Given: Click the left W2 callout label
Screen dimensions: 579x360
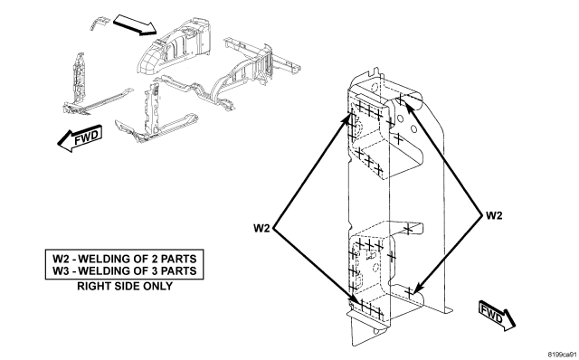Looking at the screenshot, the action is (261, 228).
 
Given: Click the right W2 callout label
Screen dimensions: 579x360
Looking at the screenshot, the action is (494, 215).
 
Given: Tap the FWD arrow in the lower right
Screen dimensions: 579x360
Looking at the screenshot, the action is (497, 315).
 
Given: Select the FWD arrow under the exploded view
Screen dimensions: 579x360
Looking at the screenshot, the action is (80, 138).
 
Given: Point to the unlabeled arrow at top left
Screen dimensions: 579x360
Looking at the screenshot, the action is (136, 25).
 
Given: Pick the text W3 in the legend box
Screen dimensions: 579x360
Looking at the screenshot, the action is (62, 271).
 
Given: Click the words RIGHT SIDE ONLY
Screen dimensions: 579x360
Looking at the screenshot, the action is (125, 286).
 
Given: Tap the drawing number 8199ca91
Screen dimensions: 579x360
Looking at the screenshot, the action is (563, 355).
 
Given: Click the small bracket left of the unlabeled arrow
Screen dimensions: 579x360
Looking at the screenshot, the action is (100, 23).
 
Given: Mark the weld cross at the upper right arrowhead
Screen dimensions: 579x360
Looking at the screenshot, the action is (401, 99).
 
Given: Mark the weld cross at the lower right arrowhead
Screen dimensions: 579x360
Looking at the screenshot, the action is (409, 292).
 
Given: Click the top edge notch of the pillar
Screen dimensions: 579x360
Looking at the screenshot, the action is (375, 71).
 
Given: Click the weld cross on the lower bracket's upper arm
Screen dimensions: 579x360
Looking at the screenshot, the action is (408, 230).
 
